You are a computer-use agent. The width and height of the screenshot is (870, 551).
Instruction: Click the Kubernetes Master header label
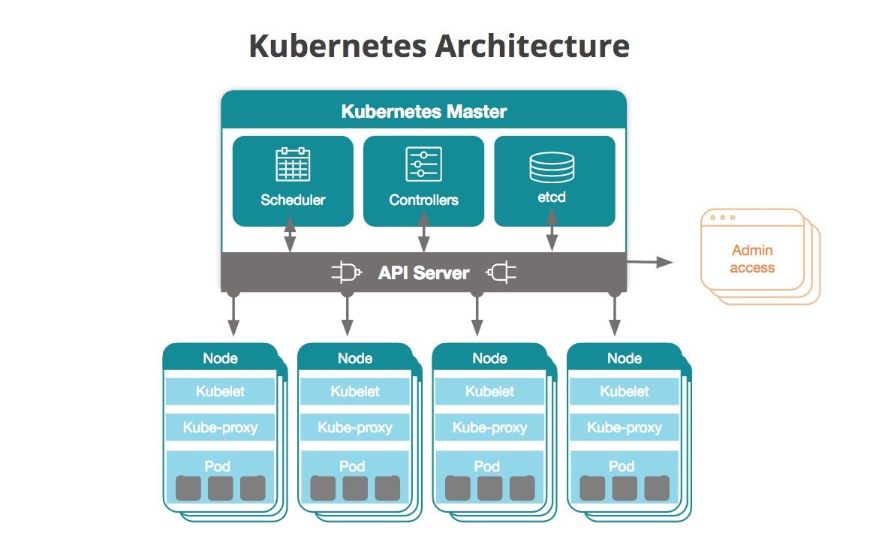pos(424,112)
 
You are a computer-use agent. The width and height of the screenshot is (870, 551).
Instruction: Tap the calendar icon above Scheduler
pos(293,164)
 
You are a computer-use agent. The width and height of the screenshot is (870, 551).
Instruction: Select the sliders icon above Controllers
pos(423,164)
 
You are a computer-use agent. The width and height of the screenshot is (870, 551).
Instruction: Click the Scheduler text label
pos(293,200)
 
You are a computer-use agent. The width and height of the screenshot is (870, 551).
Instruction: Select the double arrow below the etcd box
pos(552,231)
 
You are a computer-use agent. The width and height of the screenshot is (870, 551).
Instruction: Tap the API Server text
pos(423,272)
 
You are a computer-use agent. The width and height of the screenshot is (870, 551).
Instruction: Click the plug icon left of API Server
pos(347,272)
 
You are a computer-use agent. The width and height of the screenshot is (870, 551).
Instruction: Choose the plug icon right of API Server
pos(501,272)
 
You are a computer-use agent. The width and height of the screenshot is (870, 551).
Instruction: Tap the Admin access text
pos(751,259)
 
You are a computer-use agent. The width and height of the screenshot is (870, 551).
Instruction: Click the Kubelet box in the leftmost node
pos(220,391)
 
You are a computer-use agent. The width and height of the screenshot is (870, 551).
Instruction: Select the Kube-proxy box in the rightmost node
pos(624,428)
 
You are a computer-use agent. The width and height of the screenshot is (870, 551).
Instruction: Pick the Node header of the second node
pos(354,358)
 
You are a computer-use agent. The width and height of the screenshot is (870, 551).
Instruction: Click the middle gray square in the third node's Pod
pos(489,489)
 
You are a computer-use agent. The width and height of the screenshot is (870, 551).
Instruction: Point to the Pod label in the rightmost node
pos(622,466)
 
